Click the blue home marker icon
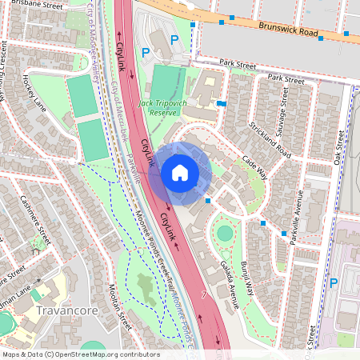tap(180, 173)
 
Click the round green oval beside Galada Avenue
tap(225, 233)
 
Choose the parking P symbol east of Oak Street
tap(334, 282)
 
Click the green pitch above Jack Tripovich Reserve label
tap(169, 82)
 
